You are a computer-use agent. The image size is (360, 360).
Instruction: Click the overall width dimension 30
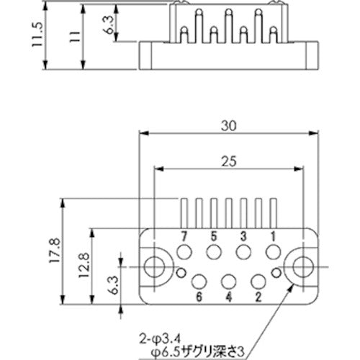(x=230, y=125)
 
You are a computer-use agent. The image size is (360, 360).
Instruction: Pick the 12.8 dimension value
(x=83, y=266)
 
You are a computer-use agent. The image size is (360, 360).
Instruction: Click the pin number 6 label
(x=199, y=296)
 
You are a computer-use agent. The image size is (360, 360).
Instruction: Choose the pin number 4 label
(x=229, y=296)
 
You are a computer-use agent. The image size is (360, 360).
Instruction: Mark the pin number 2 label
(x=258, y=296)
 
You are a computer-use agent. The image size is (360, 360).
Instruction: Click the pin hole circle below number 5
(x=214, y=252)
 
